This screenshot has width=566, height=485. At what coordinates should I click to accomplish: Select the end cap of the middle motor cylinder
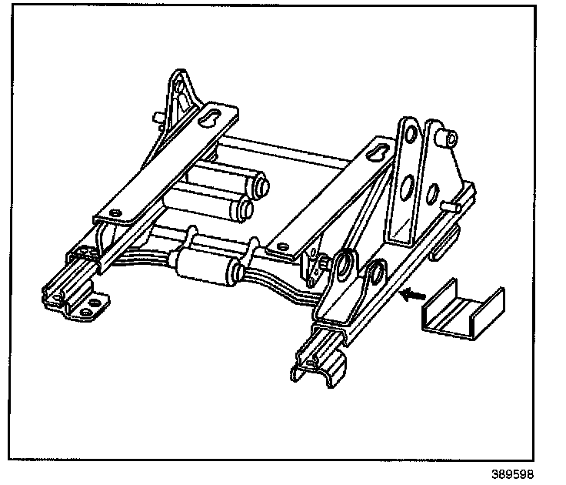pyautogui.click(x=246, y=206)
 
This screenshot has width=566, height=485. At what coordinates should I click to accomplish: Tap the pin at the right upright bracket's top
pyautogui.click(x=448, y=139)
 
